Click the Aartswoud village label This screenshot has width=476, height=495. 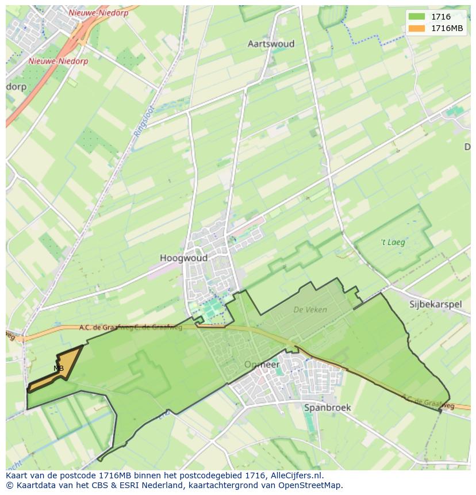(x=271, y=44)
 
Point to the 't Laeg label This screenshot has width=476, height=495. (x=393, y=242)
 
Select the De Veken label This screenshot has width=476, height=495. (x=310, y=309)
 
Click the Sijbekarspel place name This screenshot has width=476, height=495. (x=435, y=304)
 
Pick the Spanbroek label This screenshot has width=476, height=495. (x=327, y=408)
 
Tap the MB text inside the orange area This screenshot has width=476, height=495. (x=59, y=368)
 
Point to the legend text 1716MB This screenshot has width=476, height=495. (x=448, y=28)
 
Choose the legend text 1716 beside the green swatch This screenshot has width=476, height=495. (x=441, y=17)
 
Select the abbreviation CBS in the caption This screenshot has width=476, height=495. (x=103, y=485)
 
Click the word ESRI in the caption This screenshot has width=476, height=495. (x=133, y=485)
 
